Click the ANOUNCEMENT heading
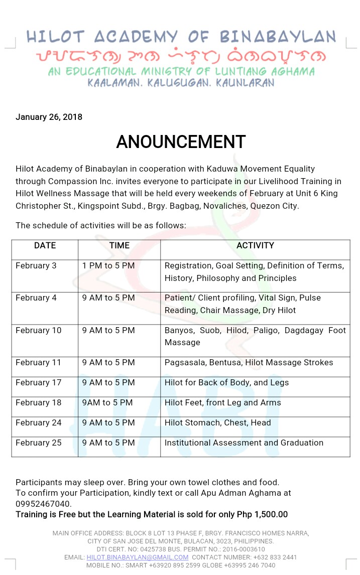point(181,142)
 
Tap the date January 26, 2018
point(49,117)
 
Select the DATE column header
point(45,245)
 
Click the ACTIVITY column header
point(255,245)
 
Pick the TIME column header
point(119,245)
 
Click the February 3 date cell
point(36,265)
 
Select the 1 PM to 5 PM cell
point(108,265)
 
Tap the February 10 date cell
point(38,330)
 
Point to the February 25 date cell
point(38,443)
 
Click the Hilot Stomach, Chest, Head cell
point(217,422)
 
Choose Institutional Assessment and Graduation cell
point(244,443)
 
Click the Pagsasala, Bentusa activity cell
point(249,362)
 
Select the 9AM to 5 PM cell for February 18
point(107,402)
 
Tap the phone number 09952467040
point(44,504)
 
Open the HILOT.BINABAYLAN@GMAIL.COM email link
point(138,557)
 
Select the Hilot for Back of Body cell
point(226,382)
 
